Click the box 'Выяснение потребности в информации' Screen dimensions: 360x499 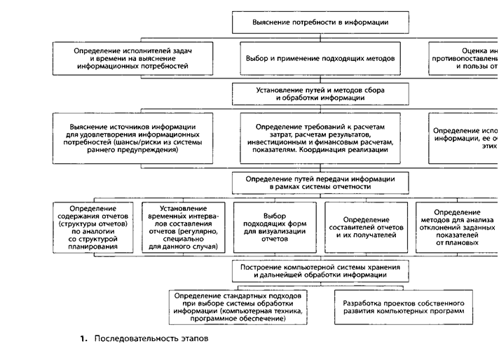320,24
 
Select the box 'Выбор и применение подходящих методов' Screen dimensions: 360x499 320,58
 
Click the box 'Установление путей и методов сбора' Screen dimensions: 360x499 320,94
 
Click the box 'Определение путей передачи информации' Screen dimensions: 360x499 320,183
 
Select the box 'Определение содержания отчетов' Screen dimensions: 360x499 93,228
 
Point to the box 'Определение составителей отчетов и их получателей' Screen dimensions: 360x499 367,228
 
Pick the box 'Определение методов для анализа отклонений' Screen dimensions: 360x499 456,228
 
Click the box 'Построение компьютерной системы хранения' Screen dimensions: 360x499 320,271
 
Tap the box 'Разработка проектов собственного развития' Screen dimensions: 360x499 404,307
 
